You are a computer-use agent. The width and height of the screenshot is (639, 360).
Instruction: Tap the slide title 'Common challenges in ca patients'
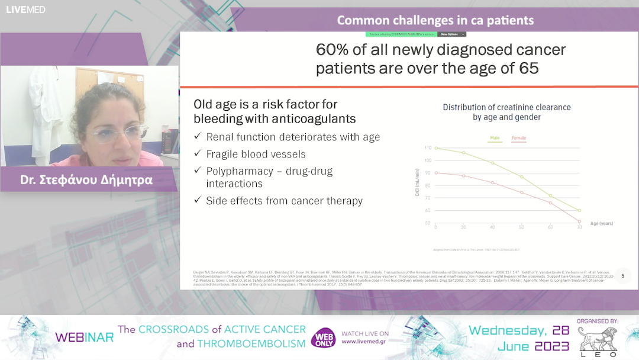pos(435,20)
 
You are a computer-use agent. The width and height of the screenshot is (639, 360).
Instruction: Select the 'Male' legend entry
pos(495,138)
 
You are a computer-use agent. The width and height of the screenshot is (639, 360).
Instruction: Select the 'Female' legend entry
pos(518,138)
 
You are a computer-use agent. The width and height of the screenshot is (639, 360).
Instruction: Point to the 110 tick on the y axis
pos(428,147)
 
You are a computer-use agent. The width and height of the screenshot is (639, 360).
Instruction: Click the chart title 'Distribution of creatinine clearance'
pos(506,107)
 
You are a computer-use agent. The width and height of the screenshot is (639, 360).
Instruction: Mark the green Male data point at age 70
pos(579,210)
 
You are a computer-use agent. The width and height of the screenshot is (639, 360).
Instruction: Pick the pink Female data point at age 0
pos(436,173)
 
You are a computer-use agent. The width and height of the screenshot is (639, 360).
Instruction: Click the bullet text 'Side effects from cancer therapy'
pos(284,201)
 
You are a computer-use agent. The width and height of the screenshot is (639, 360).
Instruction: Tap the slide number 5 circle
pos(622,275)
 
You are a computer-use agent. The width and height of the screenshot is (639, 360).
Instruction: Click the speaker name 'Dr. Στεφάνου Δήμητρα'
pos(86,180)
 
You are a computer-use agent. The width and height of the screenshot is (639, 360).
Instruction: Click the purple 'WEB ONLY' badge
pos(323,337)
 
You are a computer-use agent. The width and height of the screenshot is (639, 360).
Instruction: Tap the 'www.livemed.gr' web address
pos(365,342)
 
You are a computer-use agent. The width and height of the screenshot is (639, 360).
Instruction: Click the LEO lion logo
pos(597,341)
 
